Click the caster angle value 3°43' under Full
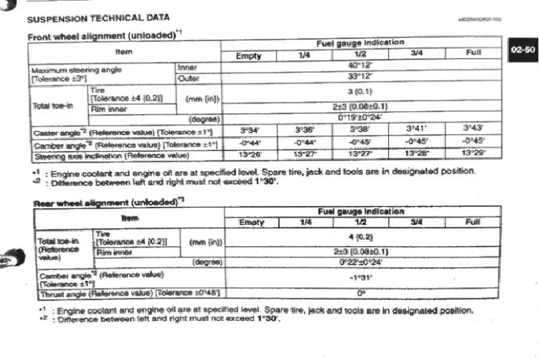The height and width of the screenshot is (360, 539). tap(474, 127)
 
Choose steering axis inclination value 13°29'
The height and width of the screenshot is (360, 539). tap(474, 153)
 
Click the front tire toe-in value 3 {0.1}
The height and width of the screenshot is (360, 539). tap(361, 91)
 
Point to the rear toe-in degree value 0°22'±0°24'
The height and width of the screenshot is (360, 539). tap(365, 262)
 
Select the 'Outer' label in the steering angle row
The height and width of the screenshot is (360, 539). tap(189, 78)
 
